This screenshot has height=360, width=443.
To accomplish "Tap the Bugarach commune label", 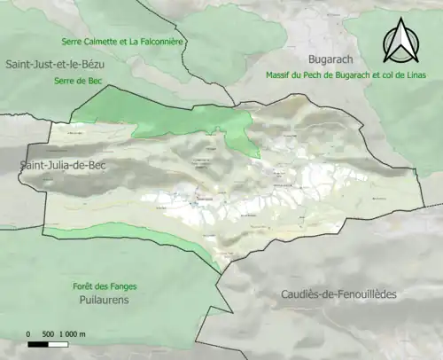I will (301, 55).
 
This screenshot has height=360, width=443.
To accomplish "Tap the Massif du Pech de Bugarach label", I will (346, 74).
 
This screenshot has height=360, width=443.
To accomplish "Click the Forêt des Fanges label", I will (105, 286).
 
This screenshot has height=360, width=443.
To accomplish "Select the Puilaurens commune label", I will (105, 300).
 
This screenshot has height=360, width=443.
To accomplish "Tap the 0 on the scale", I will (28, 333).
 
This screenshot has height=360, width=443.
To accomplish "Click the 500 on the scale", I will (50, 333).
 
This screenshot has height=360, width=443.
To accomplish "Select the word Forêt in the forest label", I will (84, 286).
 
